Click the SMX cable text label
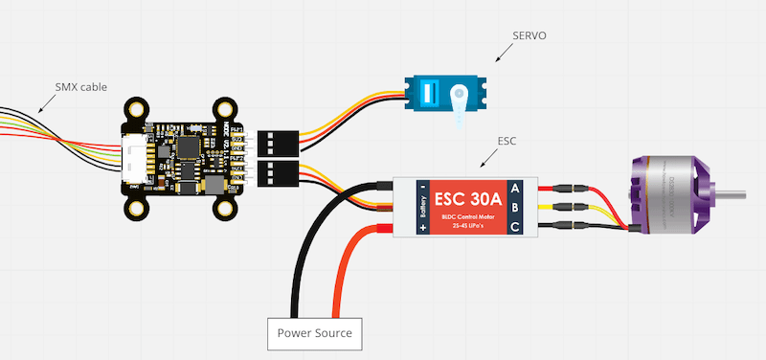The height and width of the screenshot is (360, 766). tap(80, 86)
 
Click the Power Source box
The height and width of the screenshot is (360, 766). tap(314, 333)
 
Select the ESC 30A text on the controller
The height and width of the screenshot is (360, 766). tap(464, 197)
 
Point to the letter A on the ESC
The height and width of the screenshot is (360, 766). tap(516, 187)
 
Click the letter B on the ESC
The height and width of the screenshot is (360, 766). tap(516, 206)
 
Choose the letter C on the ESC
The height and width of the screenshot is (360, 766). tap(516, 226)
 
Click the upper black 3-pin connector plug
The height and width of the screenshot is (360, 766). tap(275, 143)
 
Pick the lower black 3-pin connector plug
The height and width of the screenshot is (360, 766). tap(275, 173)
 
